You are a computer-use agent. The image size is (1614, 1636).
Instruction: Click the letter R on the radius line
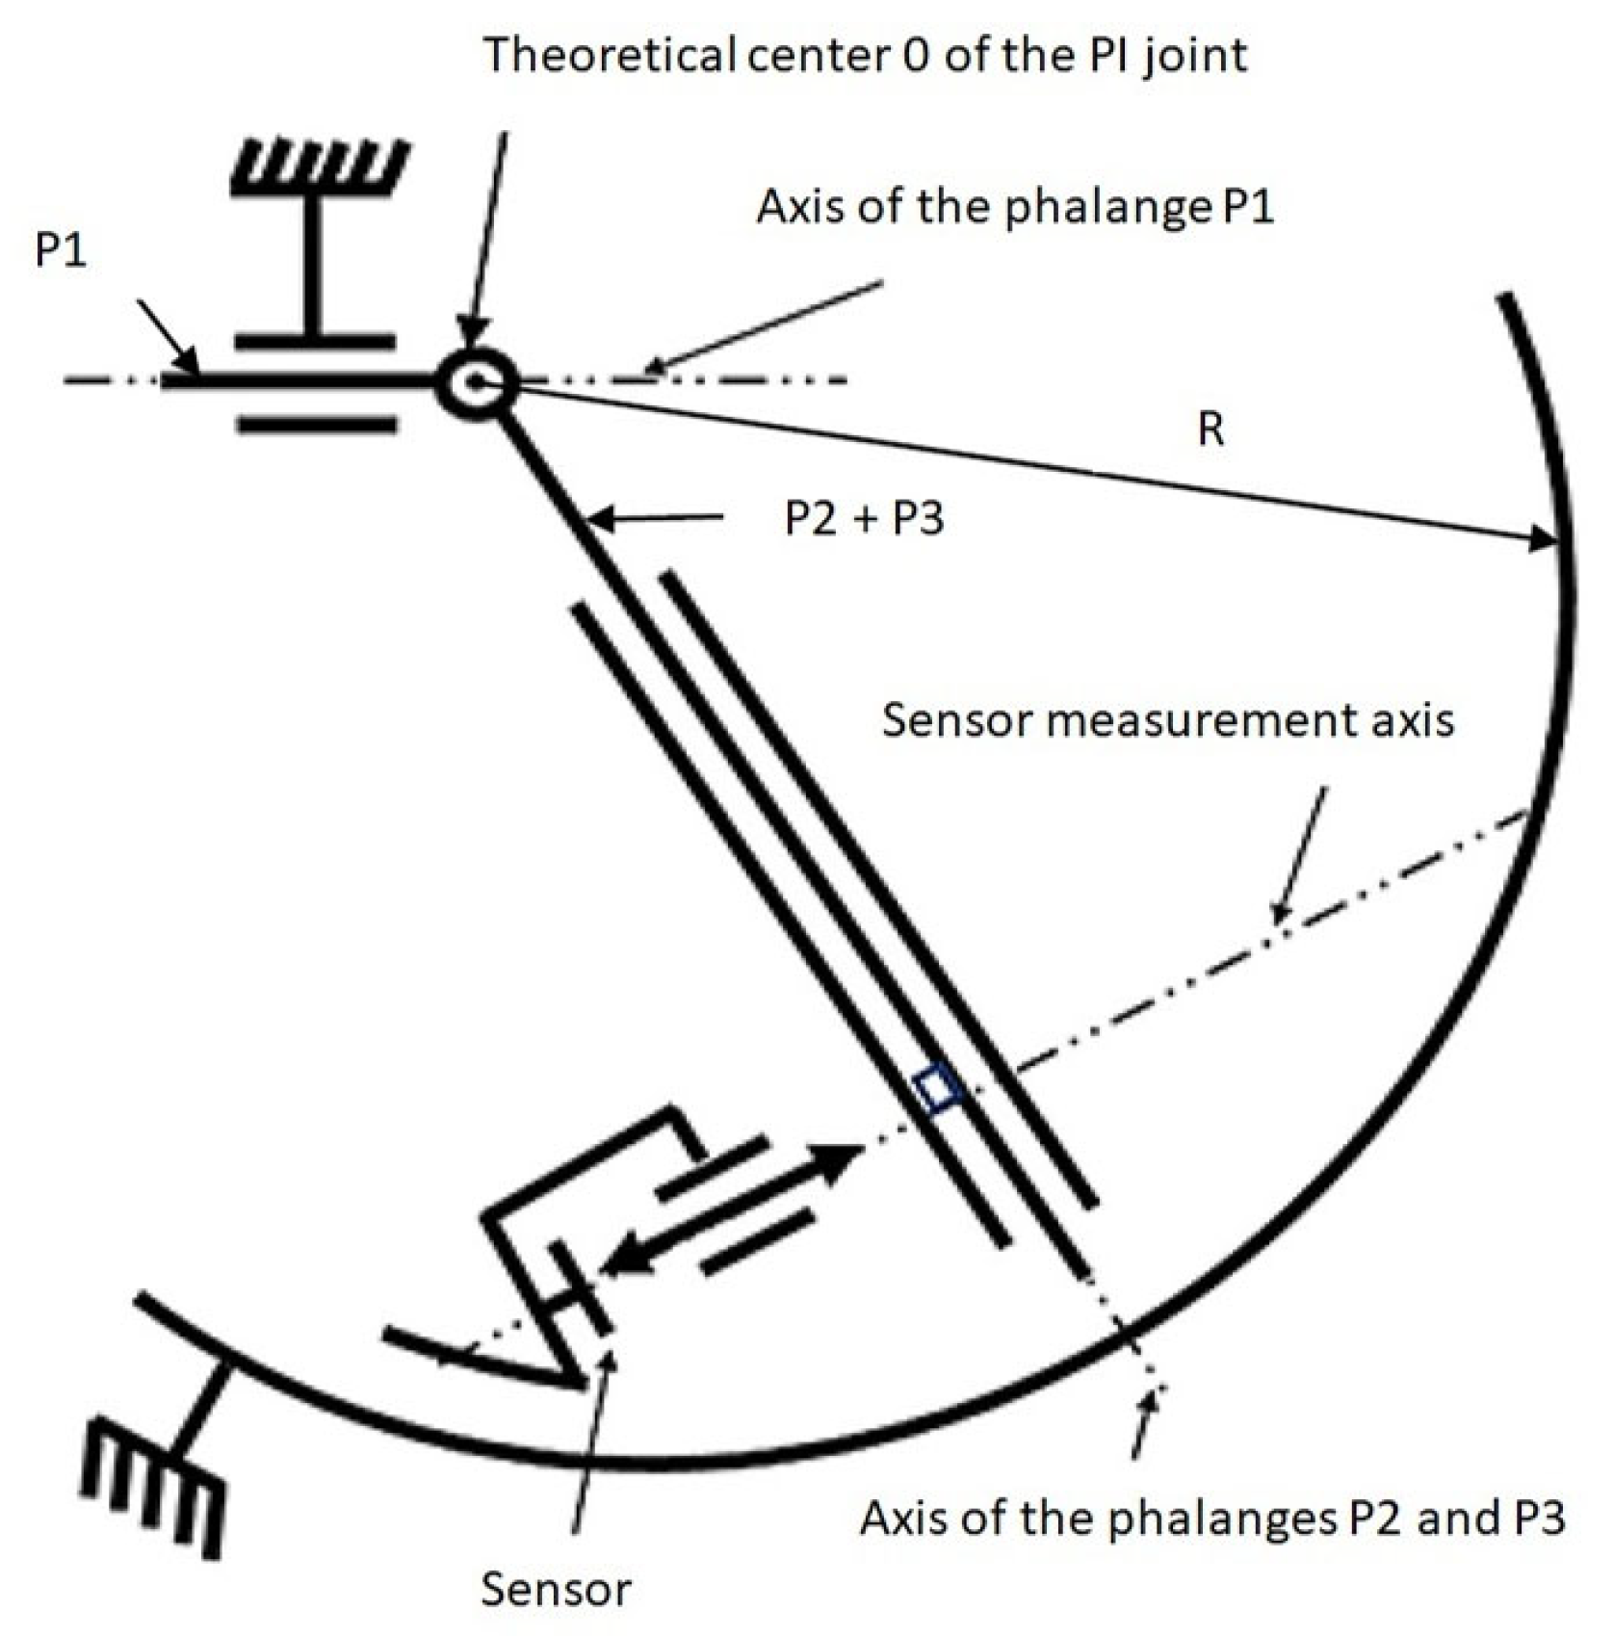point(1210,429)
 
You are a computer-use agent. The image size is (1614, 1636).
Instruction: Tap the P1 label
point(61,250)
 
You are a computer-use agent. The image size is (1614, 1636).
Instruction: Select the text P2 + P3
point(864,519)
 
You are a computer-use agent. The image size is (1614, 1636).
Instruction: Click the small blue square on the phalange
point(937,1090)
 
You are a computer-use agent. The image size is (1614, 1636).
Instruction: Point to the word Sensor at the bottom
point(556,1589)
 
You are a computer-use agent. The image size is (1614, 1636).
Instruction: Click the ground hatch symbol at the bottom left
point(154,1484)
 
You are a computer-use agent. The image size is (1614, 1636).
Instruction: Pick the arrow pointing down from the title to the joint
point(486,241)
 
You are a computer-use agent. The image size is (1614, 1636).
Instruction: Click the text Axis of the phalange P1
point(1015,206)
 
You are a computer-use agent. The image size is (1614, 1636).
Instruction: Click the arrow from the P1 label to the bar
point(169,337)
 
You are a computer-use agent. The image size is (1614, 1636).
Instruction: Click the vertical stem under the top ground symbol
point(313,265)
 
